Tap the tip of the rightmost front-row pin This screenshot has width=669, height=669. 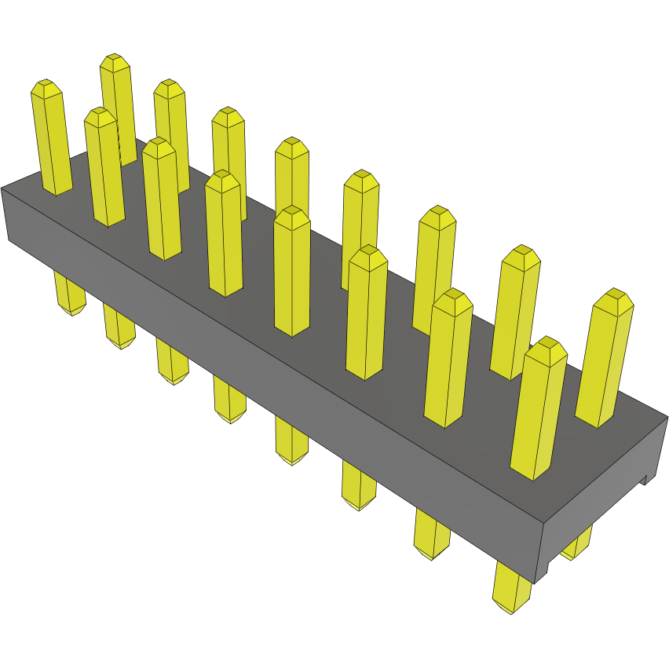coord(547,343)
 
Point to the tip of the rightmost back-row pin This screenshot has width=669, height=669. coord(613,294)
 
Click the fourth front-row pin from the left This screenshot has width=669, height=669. coord(224,236)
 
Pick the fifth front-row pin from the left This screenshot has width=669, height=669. coord(292,271)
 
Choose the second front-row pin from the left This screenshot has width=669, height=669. coord(104,169)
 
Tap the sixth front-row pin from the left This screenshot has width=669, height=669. coord(366,314)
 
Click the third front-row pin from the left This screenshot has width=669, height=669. coord(161,200)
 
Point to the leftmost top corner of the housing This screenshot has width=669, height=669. coord(2,188)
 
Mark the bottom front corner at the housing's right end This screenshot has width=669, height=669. coord(536,583)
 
